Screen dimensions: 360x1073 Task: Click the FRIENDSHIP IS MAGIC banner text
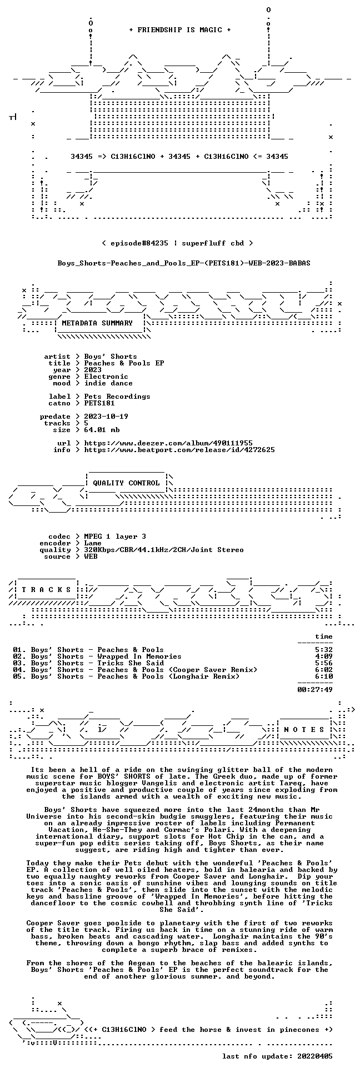179,30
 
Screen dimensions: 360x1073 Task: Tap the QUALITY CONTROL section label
126,483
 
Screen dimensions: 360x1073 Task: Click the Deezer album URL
168,443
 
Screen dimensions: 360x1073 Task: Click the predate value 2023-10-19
106,417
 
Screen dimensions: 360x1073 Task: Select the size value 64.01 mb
102,430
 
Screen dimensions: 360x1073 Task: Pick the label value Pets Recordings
117,397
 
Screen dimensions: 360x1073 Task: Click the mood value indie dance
108,383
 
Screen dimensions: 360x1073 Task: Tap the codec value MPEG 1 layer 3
115,536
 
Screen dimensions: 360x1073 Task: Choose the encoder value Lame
93,543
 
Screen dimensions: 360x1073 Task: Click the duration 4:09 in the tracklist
324,656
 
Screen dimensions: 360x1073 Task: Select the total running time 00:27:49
315,690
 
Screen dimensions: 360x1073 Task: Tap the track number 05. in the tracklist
19,676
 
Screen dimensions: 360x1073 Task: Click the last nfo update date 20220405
315,1056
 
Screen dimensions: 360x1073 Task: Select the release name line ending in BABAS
184,263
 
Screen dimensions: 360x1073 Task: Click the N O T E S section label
304,730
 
